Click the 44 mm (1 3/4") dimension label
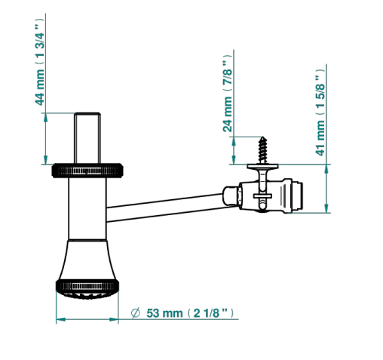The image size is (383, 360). tap(40, 62)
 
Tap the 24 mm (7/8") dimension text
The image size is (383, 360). tap(227, 94)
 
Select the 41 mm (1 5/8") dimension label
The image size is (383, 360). tap(320, 112)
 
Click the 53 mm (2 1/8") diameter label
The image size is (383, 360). tap(190, 313)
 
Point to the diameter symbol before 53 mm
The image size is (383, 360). tap(136, 313)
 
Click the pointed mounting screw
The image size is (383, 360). tap(263, 150)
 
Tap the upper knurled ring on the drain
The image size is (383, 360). tap(87, 171)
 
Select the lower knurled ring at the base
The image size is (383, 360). tap(87, 286)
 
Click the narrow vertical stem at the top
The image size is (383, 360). tap(87, 138)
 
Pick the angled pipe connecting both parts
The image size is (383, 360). tap(165, 208)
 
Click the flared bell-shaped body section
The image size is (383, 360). tap(87, 260)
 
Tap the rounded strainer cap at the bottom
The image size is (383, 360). tap(87, 295)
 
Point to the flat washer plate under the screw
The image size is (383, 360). tap(262, 166)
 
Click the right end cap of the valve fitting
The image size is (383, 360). tap(298, 195)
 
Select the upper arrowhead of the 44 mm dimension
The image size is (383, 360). tap(45, 118)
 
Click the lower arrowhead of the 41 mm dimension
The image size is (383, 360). tap(326, 208)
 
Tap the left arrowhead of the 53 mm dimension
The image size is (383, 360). tap(61, 319)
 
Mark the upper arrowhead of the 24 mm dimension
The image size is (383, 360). tap(234, 142)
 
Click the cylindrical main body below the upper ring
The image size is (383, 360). tap(87, 209)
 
